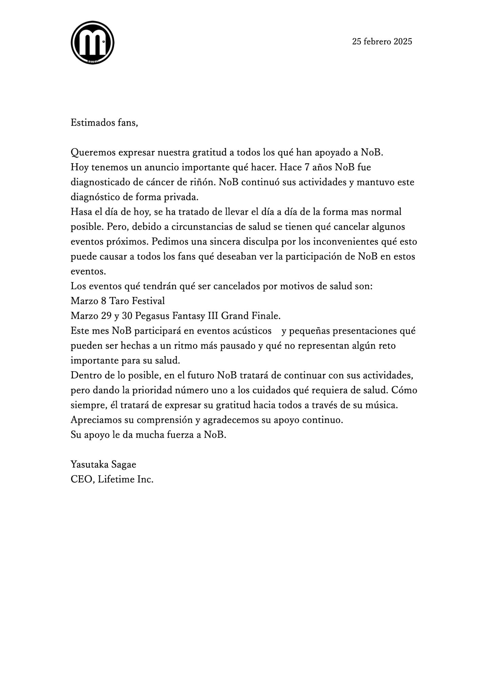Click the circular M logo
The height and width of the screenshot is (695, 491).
[92, 43]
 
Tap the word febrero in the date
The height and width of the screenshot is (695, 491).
[377, 41]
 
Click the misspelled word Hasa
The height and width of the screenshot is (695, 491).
[79, 212]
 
